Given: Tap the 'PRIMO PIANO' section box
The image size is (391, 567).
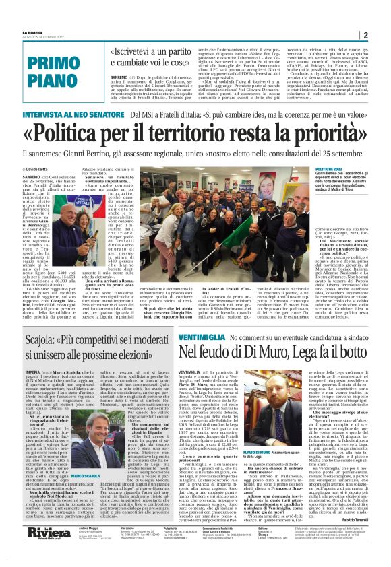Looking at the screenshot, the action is click(x=71, y=69).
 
